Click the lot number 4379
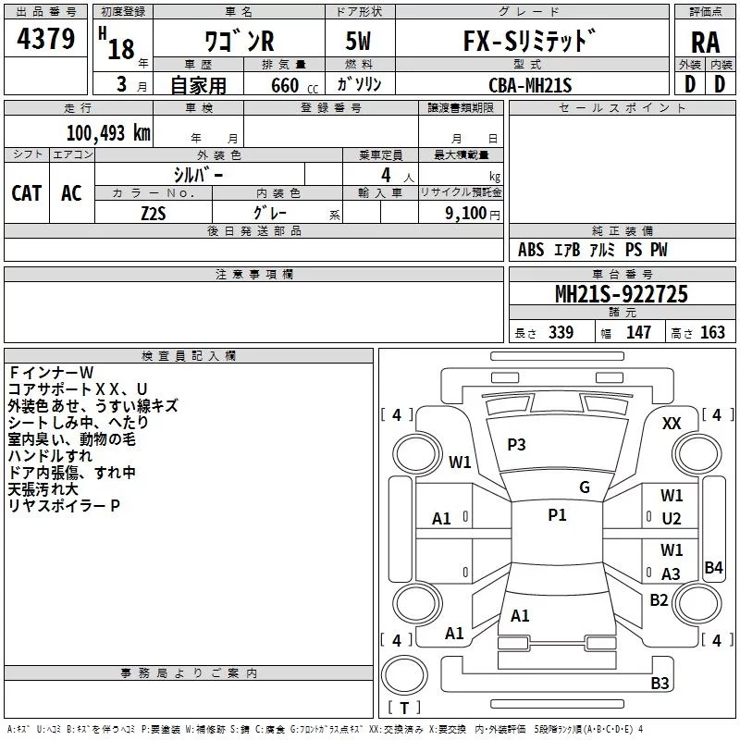(46, 39)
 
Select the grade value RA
(705, 42)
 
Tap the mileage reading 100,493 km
(107, 133)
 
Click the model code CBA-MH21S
(531, 84)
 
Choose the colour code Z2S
(153, 212)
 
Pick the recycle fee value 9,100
(459, 213)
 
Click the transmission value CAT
(26, 193)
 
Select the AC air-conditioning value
(71, 193)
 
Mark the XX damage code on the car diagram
(672, 423)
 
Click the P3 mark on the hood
(516, 445)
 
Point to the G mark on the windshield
(585, 487)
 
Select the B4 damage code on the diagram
(713, 568)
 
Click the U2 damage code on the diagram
(672, 520)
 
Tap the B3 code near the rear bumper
(660, 684)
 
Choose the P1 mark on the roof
(557, 515)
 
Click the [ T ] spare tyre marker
(404, 709)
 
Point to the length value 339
(561, 333)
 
